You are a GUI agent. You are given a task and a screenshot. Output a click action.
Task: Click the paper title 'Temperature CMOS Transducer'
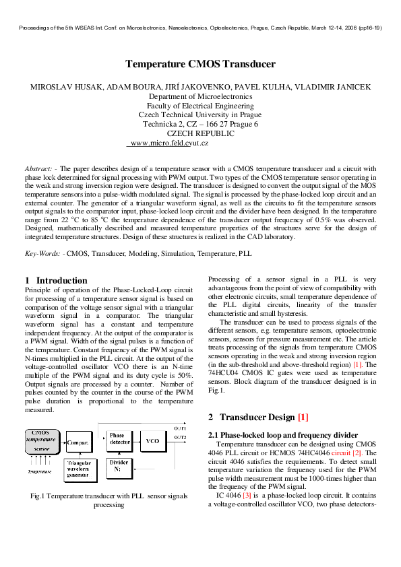coord(200,65)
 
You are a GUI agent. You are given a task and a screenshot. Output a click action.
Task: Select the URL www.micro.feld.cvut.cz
coord(168,143)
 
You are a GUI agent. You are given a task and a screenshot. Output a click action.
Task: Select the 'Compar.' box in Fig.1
coord(80,443)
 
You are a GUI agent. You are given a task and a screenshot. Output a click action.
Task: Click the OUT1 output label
coord(181,428)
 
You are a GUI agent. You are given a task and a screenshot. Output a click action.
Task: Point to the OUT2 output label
coord(181,438)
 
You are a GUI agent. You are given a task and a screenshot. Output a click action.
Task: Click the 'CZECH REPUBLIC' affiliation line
coord(200,133)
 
